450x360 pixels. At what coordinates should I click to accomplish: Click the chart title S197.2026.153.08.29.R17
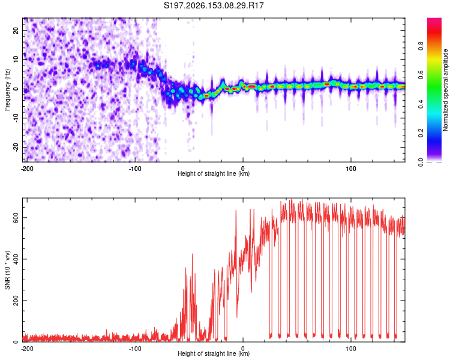point(214,5)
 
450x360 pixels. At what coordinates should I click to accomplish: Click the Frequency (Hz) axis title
point(7,90)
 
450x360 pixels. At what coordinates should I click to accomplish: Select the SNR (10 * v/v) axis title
point(7,270)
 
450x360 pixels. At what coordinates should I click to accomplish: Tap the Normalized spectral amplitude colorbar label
point(445,90)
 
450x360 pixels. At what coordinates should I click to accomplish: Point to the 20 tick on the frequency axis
point(16,30)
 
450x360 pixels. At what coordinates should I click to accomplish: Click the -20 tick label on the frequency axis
point(16,147)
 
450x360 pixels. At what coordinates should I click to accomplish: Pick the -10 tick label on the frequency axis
point(16,118)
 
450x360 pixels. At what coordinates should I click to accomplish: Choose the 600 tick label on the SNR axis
point(16,218)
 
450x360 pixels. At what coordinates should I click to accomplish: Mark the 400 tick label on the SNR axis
point(16,259)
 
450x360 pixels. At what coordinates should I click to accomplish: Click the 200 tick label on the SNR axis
point(16,301)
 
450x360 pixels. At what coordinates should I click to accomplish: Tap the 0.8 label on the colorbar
point(421,46)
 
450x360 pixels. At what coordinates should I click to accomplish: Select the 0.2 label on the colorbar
point(421,133)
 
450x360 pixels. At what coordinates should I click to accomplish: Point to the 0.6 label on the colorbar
point(421,75)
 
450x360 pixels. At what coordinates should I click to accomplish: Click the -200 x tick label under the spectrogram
point(27,169)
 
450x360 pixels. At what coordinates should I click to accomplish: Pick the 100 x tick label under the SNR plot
point(351,349)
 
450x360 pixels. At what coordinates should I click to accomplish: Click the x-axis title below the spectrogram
point(214,173)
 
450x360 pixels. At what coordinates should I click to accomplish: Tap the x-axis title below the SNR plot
point(214,353)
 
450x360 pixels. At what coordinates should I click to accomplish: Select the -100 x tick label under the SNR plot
point(135,349)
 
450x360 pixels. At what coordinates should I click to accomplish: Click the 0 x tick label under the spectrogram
point(243,169)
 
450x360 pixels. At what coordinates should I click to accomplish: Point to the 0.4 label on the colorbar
point(421,104)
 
